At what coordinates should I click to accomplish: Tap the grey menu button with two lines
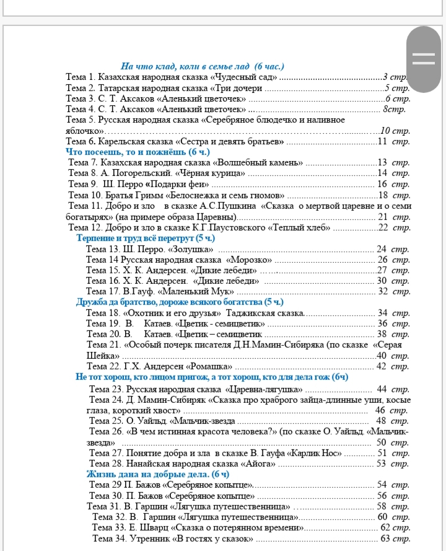pyautogui.click(x=424, y=58)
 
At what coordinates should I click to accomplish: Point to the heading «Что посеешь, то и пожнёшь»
pyautogui.click(x=138, y=152)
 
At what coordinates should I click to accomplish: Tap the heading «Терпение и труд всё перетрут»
pyautogui.click(x=145, y=239)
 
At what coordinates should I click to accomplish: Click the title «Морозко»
pyautogui.click(x=250, y=260)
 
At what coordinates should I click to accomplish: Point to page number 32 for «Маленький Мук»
pyautogui.click(x=383, y=291)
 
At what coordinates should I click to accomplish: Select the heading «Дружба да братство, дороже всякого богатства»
pyautogui.click(x=180, y=302)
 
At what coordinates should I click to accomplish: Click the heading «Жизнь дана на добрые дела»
pyautogui.click(x=157, y=475)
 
